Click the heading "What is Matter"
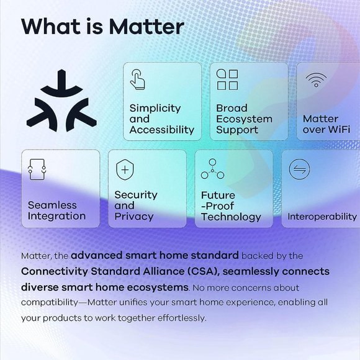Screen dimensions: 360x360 click(102, 27)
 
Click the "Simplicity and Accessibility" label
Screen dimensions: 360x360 click(161, 119)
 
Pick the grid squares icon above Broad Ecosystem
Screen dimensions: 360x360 click(227, 80)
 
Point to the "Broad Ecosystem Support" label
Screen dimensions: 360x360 click(244, 119)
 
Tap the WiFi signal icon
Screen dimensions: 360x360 click(315, 81)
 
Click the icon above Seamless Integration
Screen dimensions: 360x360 click(38, 168)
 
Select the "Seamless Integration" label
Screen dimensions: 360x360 click(56, 210)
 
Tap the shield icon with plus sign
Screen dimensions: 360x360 click(125, 168)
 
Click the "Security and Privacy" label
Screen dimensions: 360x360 click(135, 205)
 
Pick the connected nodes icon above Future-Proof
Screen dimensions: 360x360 click(212, 168)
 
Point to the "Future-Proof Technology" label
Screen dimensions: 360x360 click(230, 205)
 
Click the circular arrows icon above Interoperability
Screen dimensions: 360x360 click(299, 169)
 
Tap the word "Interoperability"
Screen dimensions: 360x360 click(322, 217)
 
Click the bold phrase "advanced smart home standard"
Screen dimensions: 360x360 click(155, 255)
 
